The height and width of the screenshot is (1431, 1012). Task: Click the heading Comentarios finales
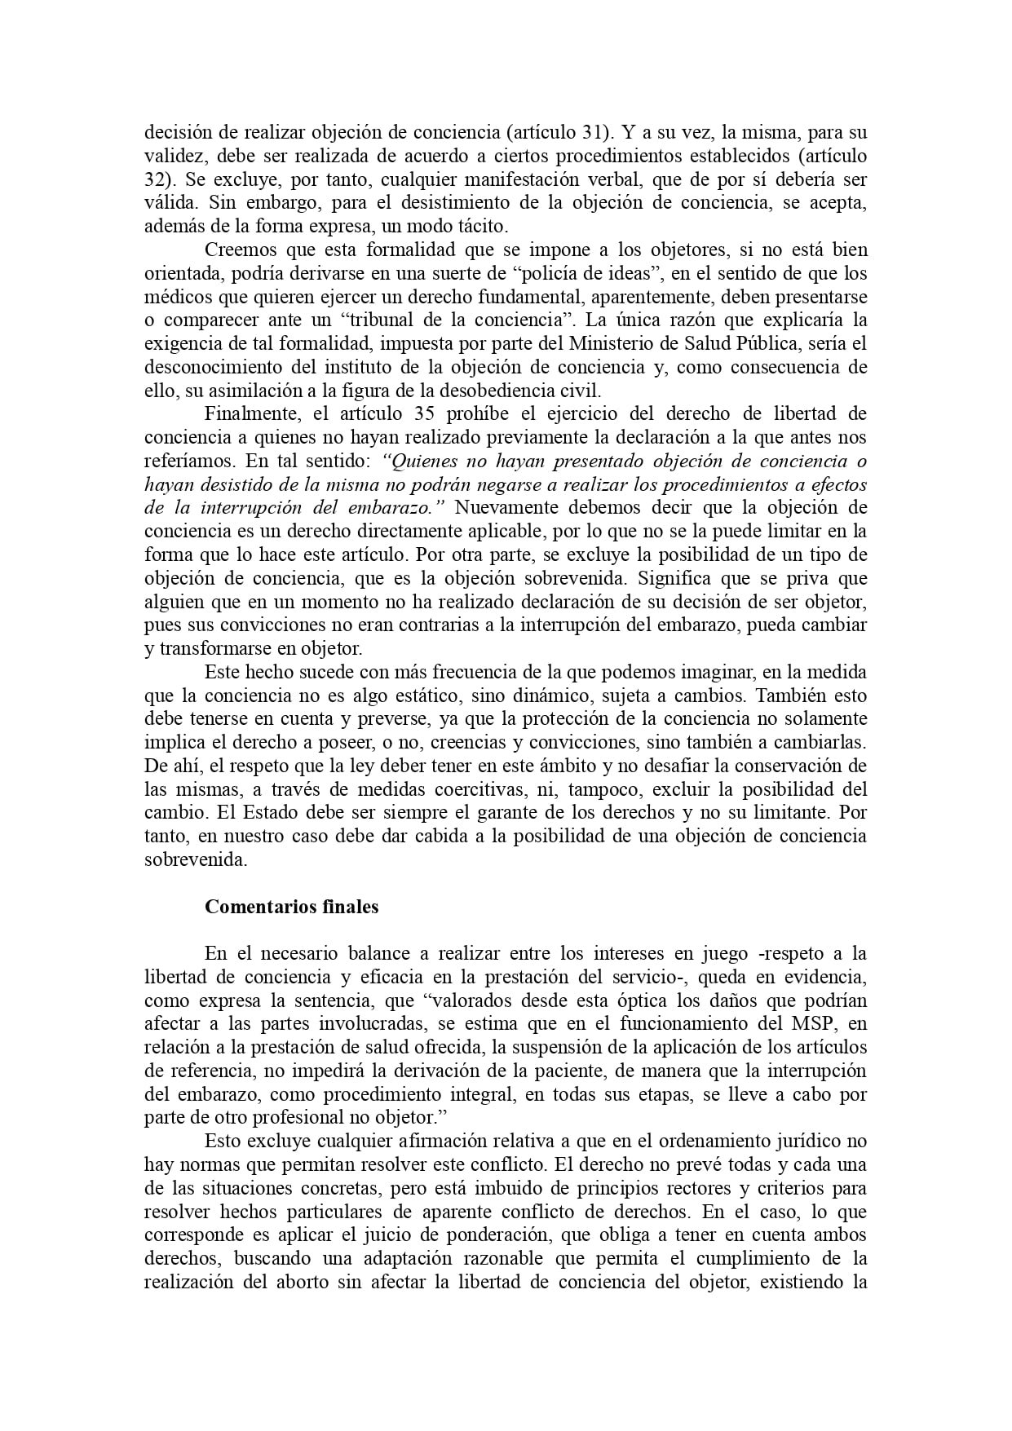[291, 906]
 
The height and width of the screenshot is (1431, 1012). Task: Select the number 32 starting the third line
[153, 179]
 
